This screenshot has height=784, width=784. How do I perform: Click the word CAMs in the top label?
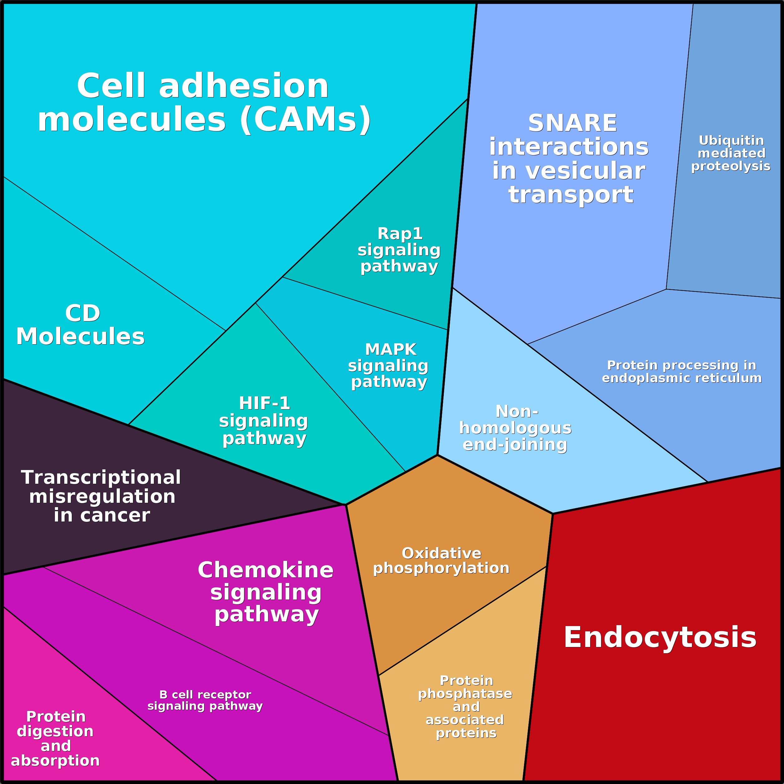pos(305,120)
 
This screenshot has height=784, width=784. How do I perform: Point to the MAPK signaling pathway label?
pos(389,365)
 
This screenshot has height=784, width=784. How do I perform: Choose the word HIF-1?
pos(264,403)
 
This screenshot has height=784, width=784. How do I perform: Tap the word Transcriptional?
pos(100,477)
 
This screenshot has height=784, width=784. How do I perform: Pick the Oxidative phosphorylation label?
pos(441,561)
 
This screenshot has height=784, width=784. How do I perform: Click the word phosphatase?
pos(465,693)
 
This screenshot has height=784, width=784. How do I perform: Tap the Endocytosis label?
pos(660,637)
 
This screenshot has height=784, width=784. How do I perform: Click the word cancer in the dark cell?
pos(115,515)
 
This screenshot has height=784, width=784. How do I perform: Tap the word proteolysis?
pos(730,166)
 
